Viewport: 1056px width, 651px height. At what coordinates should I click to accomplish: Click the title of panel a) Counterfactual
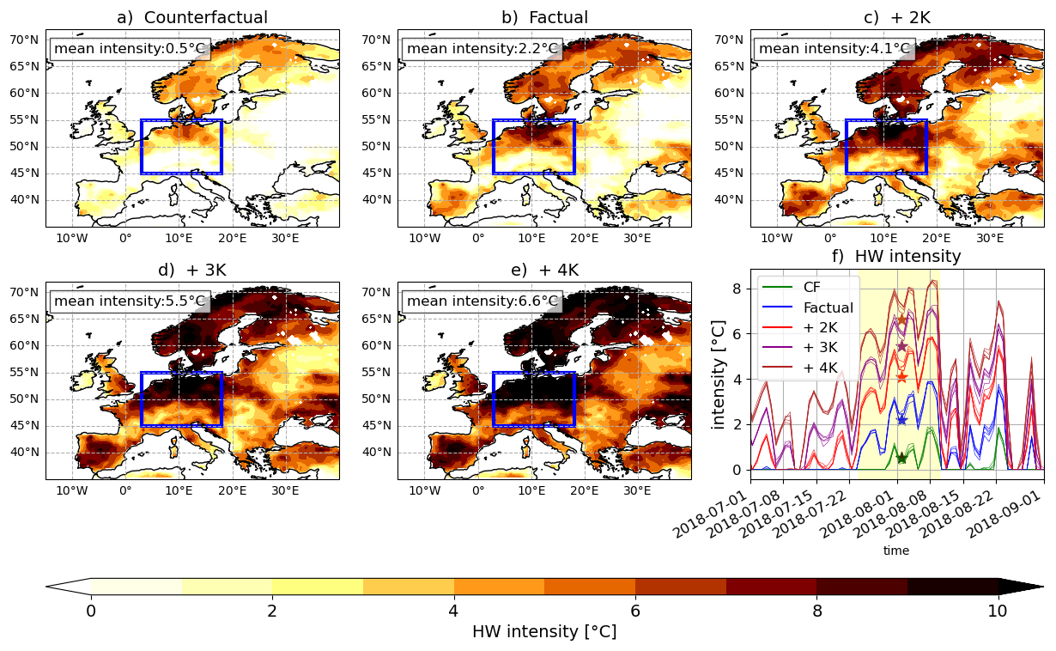pos(192,17)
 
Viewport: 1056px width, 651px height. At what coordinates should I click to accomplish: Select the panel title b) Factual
pos(544,17)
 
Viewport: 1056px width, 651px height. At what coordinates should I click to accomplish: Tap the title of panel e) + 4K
pos(544,270)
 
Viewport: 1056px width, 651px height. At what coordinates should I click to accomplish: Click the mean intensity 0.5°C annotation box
pos(129,49)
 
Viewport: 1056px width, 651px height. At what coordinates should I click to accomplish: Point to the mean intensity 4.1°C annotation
pos(834,49)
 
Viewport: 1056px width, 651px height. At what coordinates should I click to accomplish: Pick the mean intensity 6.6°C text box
pos(482,301)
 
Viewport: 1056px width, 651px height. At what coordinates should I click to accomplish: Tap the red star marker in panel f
pos(901,377)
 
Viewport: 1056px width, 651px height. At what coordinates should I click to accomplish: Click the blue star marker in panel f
pos(901,420)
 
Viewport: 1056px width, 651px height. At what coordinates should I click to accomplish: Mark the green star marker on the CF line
pos(901,458)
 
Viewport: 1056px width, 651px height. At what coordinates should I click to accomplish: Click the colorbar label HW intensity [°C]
pos(544,631)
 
